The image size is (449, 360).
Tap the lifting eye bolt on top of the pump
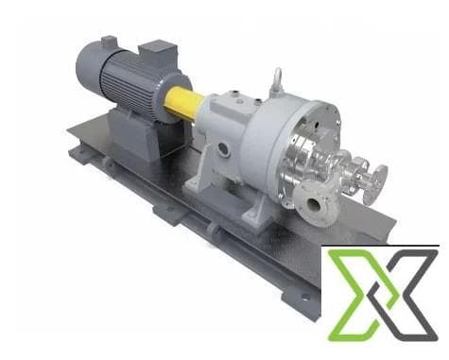click(277, 79)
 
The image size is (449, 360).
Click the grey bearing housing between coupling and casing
click(222, 123)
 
